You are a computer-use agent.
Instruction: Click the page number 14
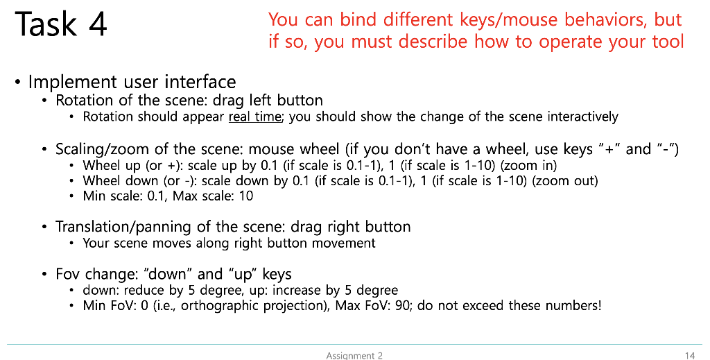689,355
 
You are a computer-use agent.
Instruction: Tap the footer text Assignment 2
354,355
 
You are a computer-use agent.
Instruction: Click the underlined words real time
254,117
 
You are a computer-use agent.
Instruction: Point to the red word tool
668,42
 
